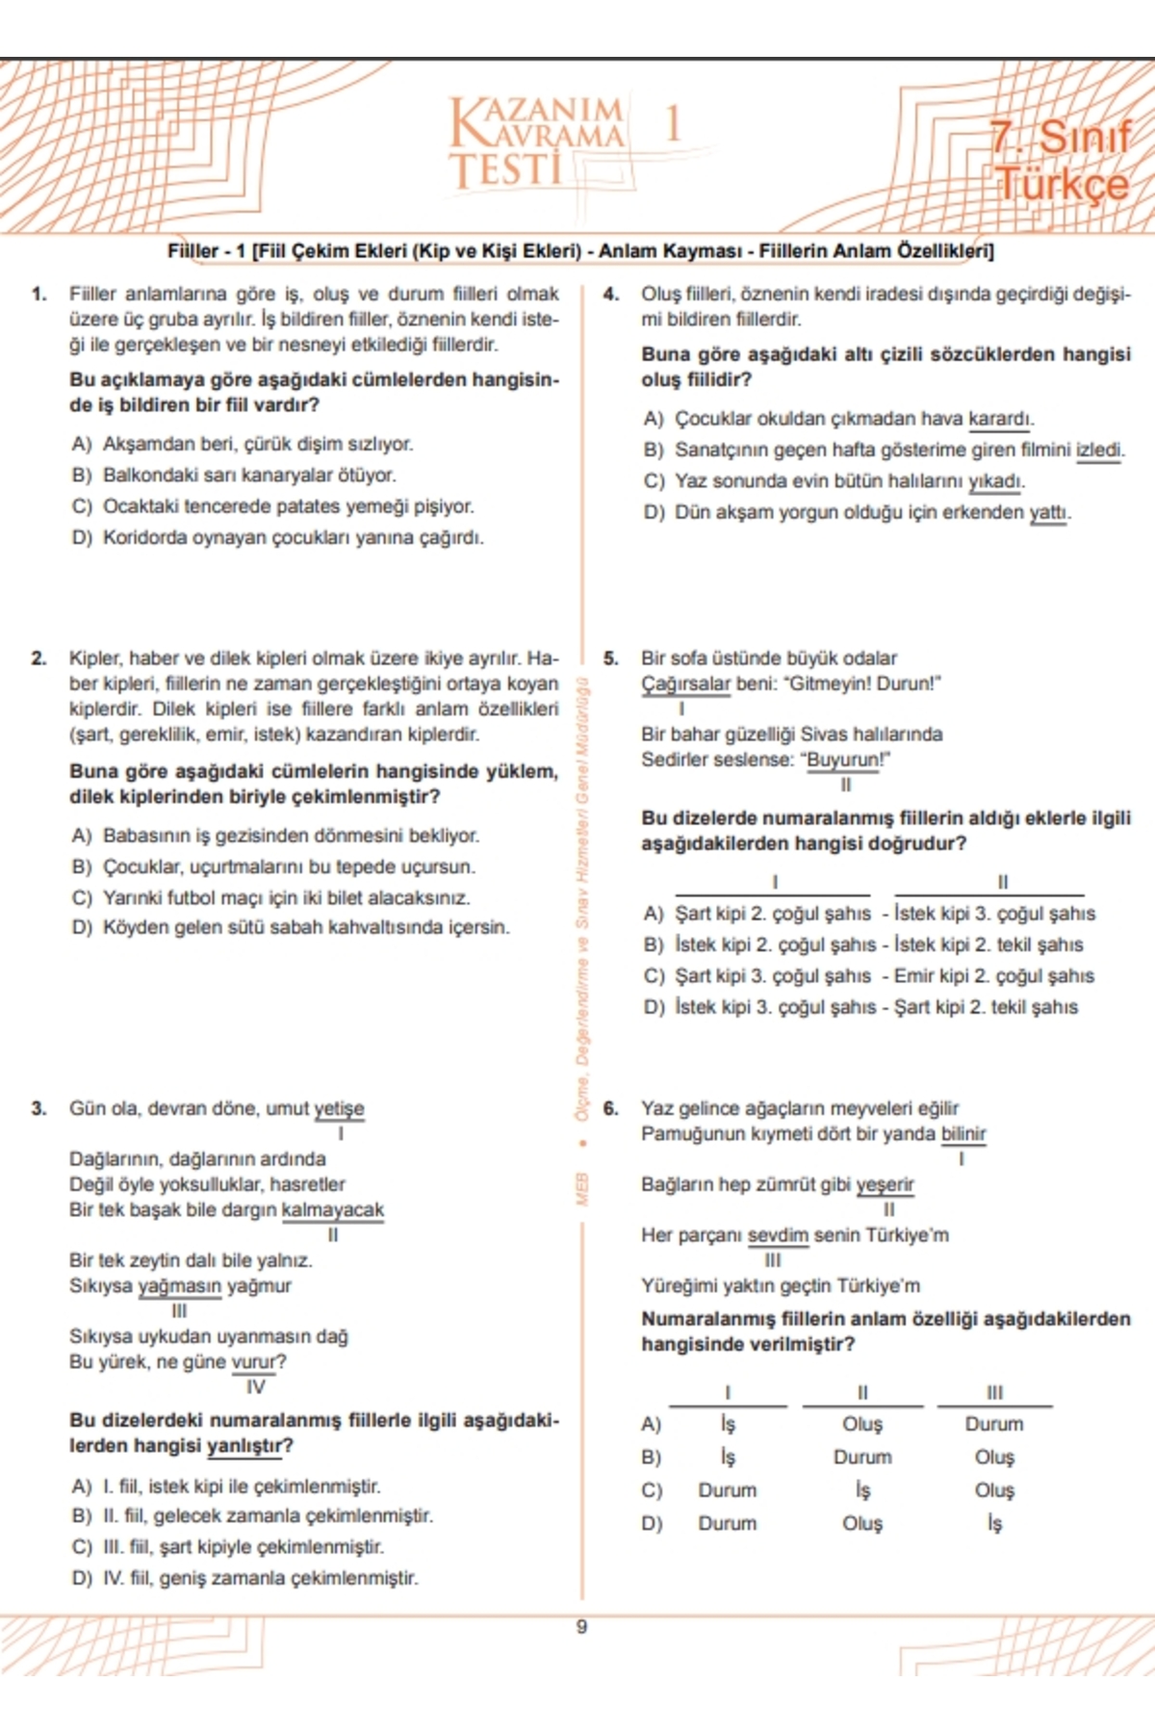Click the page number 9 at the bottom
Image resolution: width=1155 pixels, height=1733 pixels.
click(580, 1627)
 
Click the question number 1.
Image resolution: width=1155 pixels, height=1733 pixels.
click(38, 294)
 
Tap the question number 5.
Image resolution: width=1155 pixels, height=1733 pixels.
click(610, 659)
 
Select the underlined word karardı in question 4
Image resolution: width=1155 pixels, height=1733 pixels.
click(1001, 419)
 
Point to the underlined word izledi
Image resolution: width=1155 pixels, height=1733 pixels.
click(1099, 450)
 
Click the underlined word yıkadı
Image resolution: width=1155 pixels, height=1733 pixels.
click(996, 480)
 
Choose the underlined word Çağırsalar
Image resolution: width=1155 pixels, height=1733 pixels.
click(686, 684)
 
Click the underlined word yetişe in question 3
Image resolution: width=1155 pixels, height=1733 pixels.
click(339, 1108)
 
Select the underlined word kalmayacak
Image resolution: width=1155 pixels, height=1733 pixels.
click(332, 1209)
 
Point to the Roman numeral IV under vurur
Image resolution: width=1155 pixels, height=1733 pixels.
click(255, 1386)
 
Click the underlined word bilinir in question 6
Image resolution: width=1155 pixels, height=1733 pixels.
click(962, 1133)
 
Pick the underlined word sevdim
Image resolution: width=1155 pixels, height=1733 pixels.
click(778, 1234)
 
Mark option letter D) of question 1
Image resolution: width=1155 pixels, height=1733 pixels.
click(82, 537)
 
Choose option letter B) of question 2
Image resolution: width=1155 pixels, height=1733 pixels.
click(82, 866)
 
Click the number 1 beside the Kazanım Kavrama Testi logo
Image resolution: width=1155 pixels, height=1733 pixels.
click(672, 124)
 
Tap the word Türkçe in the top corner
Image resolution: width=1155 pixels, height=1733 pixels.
click(1062, 183)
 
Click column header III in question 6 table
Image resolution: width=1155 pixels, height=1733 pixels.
click(994, 1392)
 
